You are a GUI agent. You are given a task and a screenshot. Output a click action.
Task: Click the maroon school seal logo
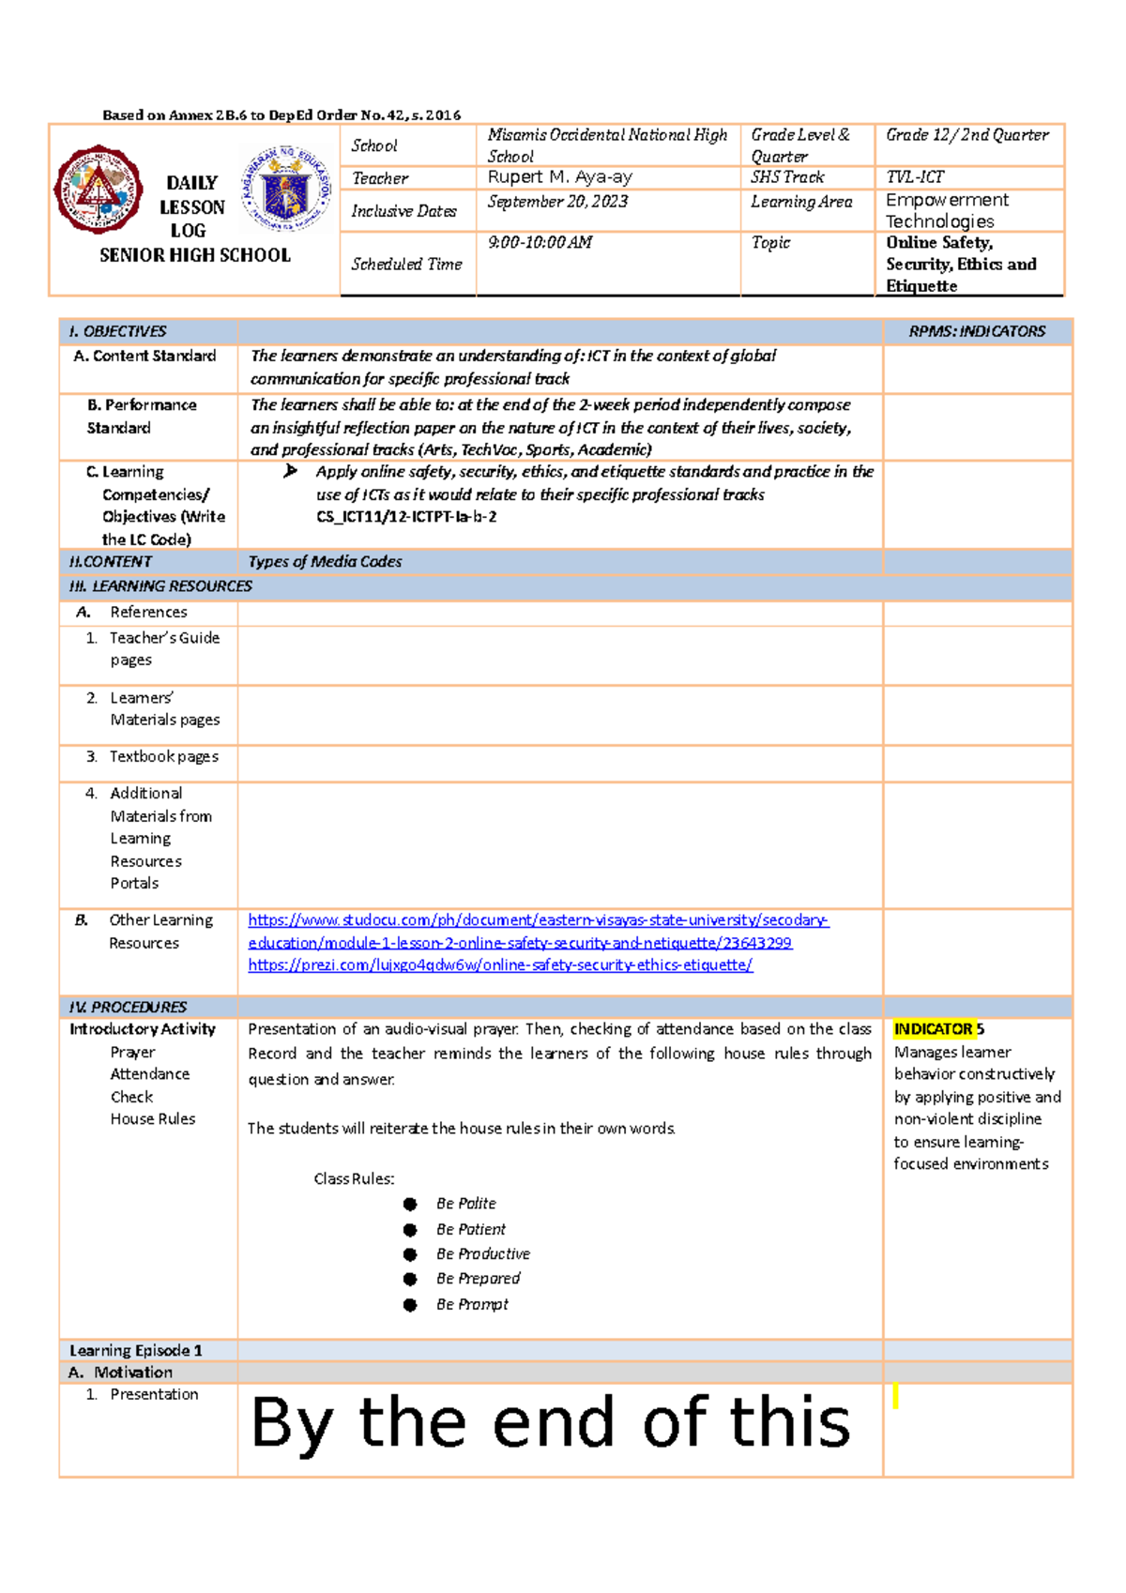(99, 189)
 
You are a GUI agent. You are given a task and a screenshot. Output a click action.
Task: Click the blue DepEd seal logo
(285, 189)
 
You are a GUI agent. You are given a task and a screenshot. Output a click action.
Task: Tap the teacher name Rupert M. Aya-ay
(559, 177)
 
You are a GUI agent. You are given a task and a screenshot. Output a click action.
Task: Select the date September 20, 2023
(557, 202)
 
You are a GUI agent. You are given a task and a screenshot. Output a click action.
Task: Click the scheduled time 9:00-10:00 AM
(540, 242)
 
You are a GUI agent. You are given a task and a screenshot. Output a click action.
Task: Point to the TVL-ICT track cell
(915, 177)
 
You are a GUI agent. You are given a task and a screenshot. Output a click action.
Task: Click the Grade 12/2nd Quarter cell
(966, 135)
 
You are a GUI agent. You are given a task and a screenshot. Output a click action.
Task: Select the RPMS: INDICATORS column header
(976, 331)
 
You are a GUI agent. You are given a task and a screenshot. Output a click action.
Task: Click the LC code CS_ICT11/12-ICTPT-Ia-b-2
(406, 517)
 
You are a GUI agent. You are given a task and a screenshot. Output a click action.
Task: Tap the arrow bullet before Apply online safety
(290, 471)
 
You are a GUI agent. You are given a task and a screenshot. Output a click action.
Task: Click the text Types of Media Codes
(325, 561)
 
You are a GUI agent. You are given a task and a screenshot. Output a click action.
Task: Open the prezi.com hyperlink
(500, 964)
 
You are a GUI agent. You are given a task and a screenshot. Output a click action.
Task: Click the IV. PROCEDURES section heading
(128, 1007)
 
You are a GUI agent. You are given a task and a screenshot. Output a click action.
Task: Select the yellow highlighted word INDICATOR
(933, 1029)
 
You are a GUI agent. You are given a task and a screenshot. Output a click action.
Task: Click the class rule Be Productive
(482, 1253)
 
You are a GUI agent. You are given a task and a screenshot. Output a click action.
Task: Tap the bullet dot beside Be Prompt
(410, 1304)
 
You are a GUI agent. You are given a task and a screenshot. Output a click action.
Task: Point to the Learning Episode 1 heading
(135, 1350)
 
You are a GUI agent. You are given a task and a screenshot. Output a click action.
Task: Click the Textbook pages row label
(163, 756)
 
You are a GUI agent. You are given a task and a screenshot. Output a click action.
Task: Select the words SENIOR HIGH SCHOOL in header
(195, 255)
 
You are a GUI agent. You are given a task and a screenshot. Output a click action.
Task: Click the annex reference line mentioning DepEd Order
(281, 114)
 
